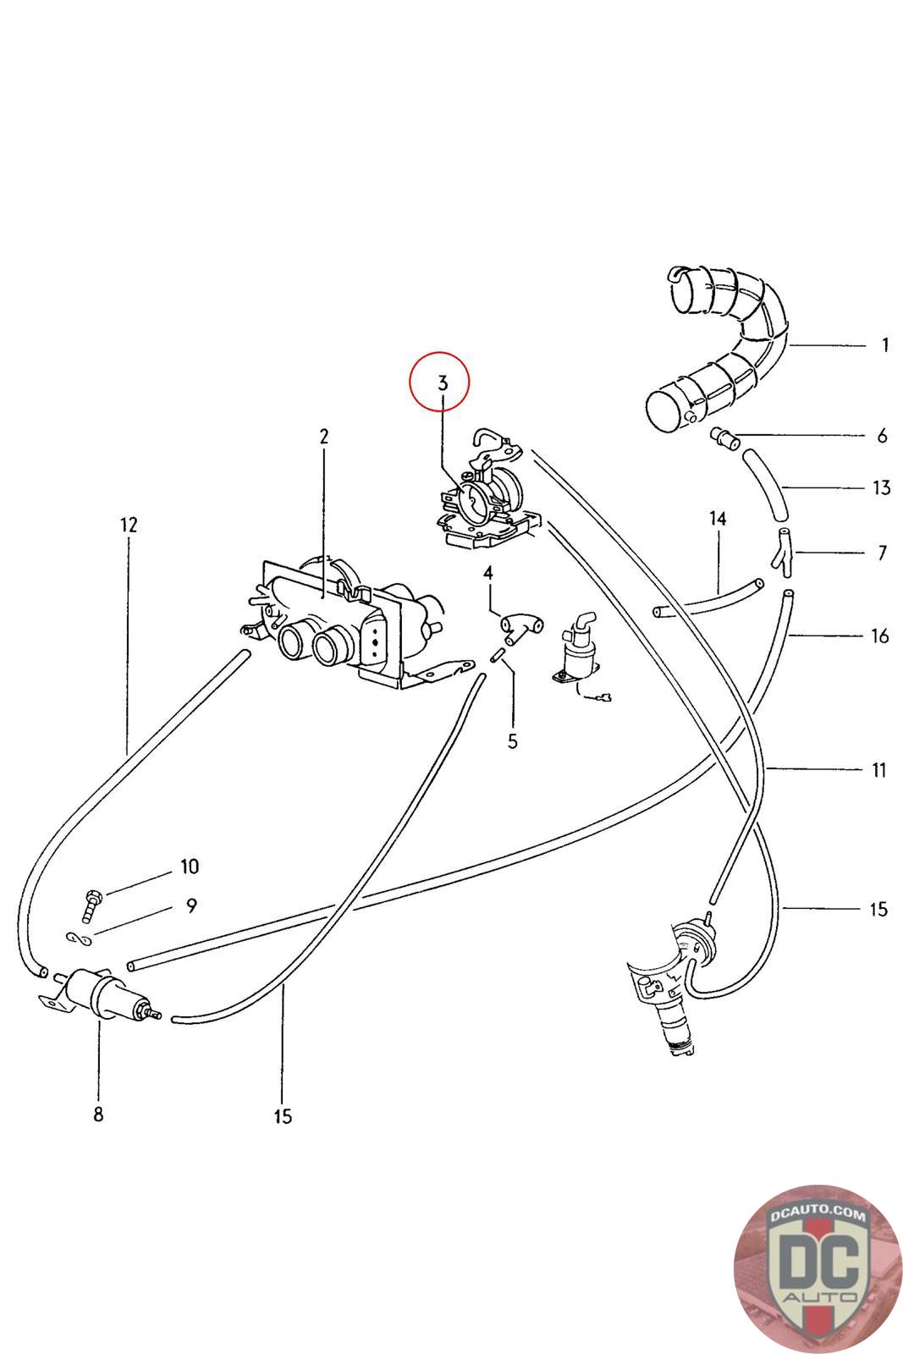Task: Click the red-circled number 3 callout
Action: pyautogui.click(x=439, y=383)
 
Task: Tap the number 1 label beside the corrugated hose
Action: pyautogui.click(x=884, y=345)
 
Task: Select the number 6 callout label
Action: pyautogui.click(x=882, y=436)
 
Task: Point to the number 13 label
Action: pyautogui.click(x=881, y=487)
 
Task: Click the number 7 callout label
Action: pyautogui.click(x=883, y=553)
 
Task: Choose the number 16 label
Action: pyautogui.click(x=880, y=636)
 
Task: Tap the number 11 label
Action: pyautogui.click(x=879, y=770)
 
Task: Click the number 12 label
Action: pyautogui.click(x=128, y=525)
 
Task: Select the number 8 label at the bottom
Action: pyautogui.click(x=98, y=1114)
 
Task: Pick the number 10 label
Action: pyautogui.click(x=189, y=867)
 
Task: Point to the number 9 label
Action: pyautogui.click(x=191, y=906)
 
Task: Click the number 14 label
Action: pyautogui.click(x=718, y=518)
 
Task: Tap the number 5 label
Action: pyautogui.click(x=512, y=741)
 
